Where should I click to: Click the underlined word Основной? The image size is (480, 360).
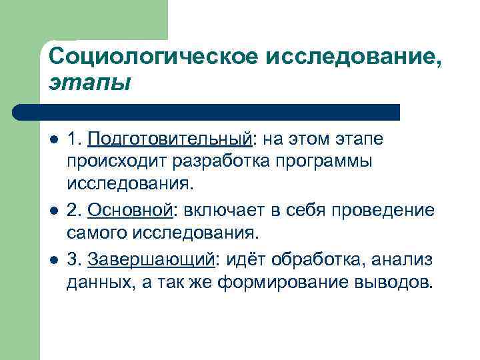click(130, 211)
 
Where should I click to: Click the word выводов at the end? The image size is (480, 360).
click(393, 282)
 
